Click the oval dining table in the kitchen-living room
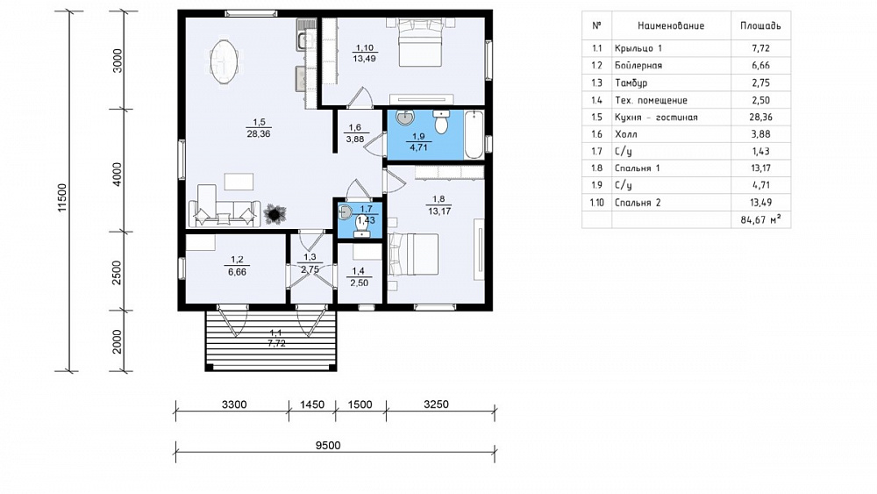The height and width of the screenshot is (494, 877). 225,61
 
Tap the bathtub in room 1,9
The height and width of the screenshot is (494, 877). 474,134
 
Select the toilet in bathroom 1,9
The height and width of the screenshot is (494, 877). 441,121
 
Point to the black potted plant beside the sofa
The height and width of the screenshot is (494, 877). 275,213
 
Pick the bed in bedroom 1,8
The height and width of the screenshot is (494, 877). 413,254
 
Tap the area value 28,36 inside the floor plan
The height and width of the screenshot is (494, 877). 258,133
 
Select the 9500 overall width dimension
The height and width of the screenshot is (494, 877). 328,446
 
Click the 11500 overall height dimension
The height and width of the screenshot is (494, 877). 62,197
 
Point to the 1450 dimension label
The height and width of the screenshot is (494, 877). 312,405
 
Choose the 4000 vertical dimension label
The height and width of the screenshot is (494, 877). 117,174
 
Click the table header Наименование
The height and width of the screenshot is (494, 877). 671,25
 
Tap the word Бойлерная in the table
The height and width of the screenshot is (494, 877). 638,66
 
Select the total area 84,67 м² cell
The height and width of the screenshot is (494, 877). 760,220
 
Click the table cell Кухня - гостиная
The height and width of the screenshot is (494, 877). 656,117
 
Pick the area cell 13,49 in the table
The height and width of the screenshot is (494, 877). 760,203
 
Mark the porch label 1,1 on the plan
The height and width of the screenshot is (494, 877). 276,333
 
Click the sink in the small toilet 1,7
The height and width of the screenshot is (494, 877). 345,211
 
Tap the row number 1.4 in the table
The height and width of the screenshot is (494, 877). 596,100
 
